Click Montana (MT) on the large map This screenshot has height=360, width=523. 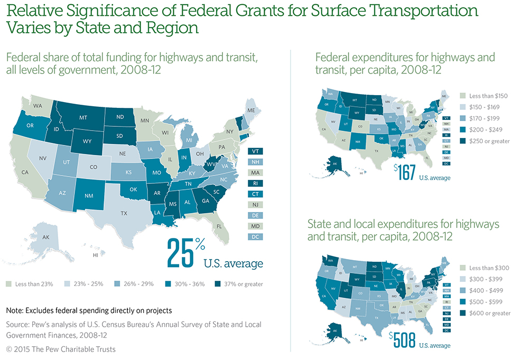pyautogui.click(x=83, y=117)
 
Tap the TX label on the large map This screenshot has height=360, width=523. pyautogui.click(x=124, y=214)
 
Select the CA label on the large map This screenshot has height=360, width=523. pyautogui.click(x=24, y=171)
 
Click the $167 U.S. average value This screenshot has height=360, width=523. pyautogui.click(x=405, y=172)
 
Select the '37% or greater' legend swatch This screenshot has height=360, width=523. pyautogui.click(x=211, y=284)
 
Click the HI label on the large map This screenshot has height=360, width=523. pyautogui.click(x=95, y=255)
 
